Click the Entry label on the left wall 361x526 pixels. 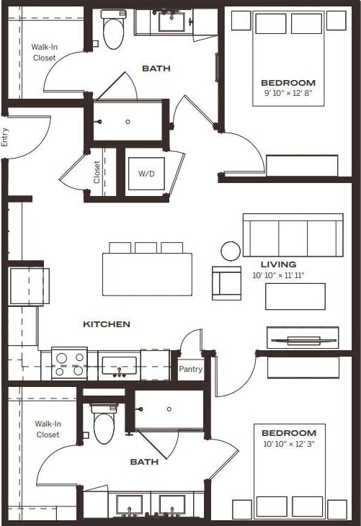[x=5, y=137]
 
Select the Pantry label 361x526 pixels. [x=190, y=369]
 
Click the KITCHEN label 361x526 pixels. [x=107, y=324]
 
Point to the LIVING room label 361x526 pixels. [x=278, y=264]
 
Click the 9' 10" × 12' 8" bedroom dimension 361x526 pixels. [x=288, y=92]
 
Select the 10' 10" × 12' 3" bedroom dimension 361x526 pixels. [x=289, y=443]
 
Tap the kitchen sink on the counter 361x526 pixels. [x=119, y=365]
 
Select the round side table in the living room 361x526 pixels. [x=231, y=251]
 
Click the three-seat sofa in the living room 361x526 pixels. [x=293, y=234]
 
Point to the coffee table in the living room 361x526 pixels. [x=295, y=296]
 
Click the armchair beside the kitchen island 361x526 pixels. [x=226, y=282]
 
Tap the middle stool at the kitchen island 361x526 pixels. [x=146, y=247]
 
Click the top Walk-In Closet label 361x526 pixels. [x=43, y=53]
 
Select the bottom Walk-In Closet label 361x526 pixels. [x=48, y=429]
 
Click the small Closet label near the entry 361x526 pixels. [x=97, y=171]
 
